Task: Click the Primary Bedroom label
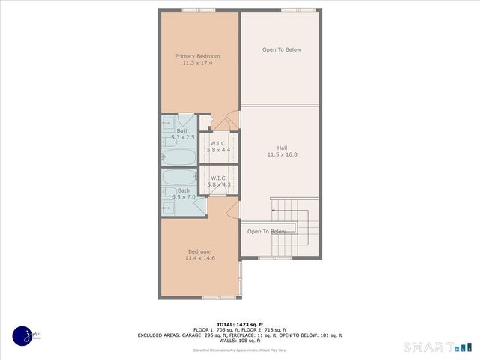(x=198, y=56)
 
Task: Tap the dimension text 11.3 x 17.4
(x=198, y=63)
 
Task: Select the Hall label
(x=282, y=148)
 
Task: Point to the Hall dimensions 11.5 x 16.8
(x=282, y=154)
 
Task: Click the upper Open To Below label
(x=282, y=50)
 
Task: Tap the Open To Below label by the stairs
(x=267, y=231)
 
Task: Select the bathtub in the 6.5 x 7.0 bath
(x=178, y=179)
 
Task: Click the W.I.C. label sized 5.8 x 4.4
(x=219, y=143)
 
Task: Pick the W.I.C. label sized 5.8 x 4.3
(x=219, y=178)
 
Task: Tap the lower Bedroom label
(x=199, y=251)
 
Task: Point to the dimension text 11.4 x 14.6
(x=199, y=258)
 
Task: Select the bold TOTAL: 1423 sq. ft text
(x=239, y=324)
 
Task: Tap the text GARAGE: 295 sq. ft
(x=196, y=335)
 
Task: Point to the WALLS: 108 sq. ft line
(x=239, y=341)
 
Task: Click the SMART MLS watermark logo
(x=439, y=346)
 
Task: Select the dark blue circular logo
(x=22, y=335)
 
